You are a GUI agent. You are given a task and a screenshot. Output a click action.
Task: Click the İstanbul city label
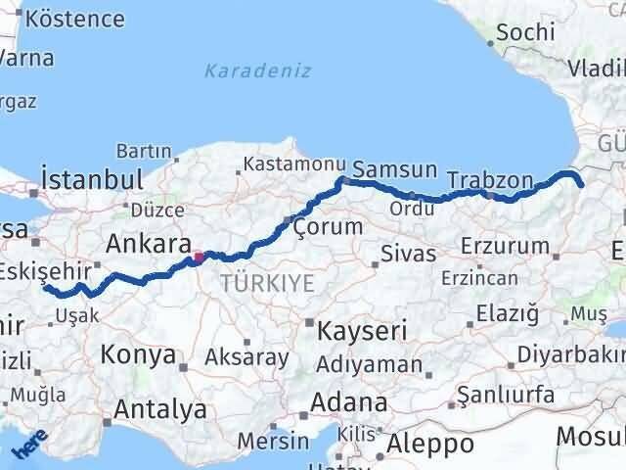[x=92, y=180]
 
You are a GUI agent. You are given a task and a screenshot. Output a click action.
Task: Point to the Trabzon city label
[x=490, y=180]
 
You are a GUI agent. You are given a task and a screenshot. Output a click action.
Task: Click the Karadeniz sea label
[x=257, y=70]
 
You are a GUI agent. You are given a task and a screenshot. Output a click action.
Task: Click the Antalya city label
[x=160, y=408]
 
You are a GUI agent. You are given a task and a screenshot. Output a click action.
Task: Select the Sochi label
[x=525, y=31]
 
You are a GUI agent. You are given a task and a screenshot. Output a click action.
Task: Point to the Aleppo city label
[x=430, y=445]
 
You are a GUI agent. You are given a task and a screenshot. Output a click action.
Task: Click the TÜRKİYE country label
[x=267, y=284]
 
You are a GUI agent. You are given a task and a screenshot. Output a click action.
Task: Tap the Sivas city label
[x=408, y=255]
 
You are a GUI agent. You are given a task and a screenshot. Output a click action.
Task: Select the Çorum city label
[x=328, y=227]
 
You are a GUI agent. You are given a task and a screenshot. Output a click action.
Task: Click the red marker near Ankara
[x=199, y=258]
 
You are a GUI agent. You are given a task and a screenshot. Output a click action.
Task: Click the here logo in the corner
[x=29, y=447]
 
